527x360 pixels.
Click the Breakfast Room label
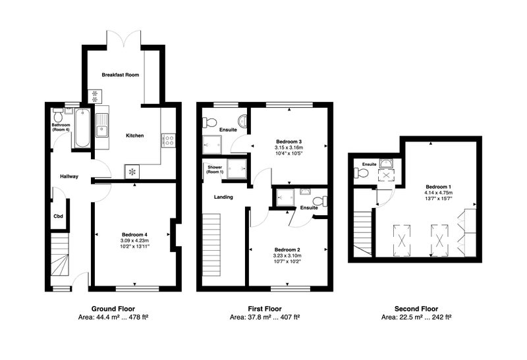121,75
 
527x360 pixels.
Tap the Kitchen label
135,136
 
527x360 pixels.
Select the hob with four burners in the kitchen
169,140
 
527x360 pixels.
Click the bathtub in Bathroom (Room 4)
82,128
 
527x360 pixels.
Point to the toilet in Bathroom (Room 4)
58,115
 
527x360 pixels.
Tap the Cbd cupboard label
59,217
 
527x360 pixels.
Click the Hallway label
69,176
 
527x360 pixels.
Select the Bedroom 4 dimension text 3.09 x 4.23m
135,240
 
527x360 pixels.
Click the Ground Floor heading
113,309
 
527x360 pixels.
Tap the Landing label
223,197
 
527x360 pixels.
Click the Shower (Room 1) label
215,170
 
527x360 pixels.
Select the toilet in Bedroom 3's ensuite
208,122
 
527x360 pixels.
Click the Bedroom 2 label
287,250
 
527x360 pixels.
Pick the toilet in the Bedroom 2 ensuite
319,201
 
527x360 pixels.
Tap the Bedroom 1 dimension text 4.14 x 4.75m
439,193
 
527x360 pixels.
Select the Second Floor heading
416,309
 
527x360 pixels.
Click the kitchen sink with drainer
102,125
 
